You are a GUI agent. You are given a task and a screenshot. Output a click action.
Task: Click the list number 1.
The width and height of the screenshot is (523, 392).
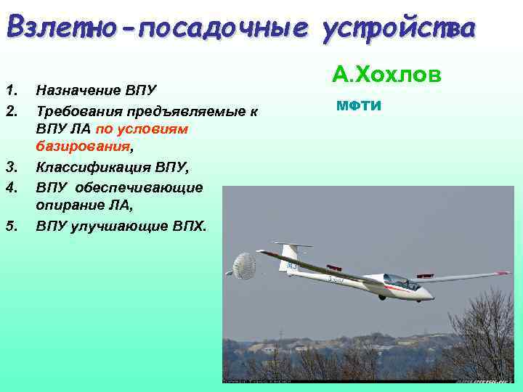click(9, 90)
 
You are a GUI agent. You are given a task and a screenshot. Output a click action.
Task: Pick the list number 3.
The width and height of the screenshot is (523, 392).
click(10, 168)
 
